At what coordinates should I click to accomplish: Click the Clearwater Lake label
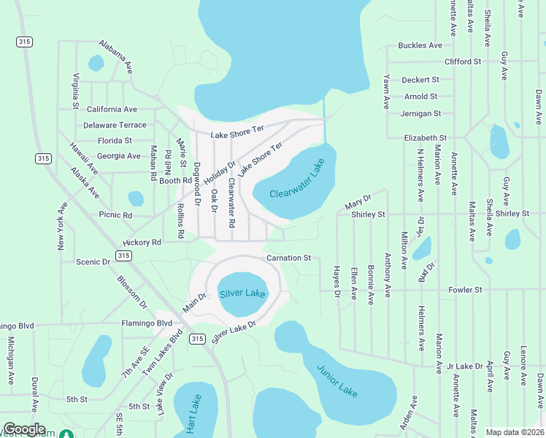coord(296,182)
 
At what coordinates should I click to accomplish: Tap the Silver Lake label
coord(242,293)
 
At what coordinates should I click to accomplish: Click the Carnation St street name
coord(288,258)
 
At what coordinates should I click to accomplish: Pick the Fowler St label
coord(465,290)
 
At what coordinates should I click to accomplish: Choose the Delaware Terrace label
coord(115,125)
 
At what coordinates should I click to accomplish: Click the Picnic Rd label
coord(115,215)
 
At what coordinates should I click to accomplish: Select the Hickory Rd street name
coord(142,242)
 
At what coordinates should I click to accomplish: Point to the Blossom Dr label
coord(131,291)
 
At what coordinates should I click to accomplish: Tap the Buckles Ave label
coord(420,45)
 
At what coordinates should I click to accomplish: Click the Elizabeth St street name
coord(425,137)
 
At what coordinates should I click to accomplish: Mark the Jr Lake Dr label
coord(464,366)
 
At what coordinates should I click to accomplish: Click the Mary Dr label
coord(358,199)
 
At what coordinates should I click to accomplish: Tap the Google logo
coord(24,429)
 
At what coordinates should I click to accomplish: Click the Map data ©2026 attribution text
coord(515,432)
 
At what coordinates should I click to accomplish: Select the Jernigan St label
coord(420,113)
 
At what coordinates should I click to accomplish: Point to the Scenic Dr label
coord(93,261)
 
